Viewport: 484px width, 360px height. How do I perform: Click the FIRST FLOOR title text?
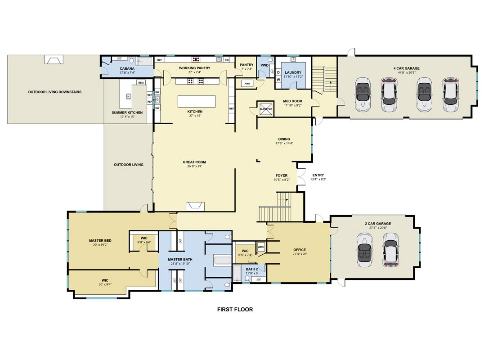point(235,309)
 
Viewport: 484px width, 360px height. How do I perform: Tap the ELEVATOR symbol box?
point(266,109)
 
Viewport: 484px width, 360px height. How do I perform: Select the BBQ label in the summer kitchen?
point(141,83)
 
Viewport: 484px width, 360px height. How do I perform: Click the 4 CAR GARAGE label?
point(406,68)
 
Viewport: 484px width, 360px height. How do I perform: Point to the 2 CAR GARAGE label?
point(378,224)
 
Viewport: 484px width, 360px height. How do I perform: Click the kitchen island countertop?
point(197,102)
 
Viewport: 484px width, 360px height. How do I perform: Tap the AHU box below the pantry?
point(247,83)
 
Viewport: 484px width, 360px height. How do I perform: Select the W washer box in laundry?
point(278,80)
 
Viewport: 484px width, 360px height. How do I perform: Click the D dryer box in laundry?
point(278,72)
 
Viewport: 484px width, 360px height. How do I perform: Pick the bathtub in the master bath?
point(223,260)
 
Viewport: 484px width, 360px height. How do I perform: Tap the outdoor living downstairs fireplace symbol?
point(54,59)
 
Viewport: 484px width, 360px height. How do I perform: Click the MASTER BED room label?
point(100,240)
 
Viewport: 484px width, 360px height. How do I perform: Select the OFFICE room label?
point(300,250)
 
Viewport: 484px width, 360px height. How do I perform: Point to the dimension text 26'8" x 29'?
point(194,166)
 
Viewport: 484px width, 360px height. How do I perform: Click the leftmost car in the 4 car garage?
point(363,94)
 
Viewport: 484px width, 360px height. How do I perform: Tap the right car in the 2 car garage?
point(390,250)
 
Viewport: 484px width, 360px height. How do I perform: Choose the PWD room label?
point(264,65)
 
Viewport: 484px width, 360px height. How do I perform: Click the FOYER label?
point(282,175)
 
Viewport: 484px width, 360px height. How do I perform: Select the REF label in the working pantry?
point(159,60)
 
